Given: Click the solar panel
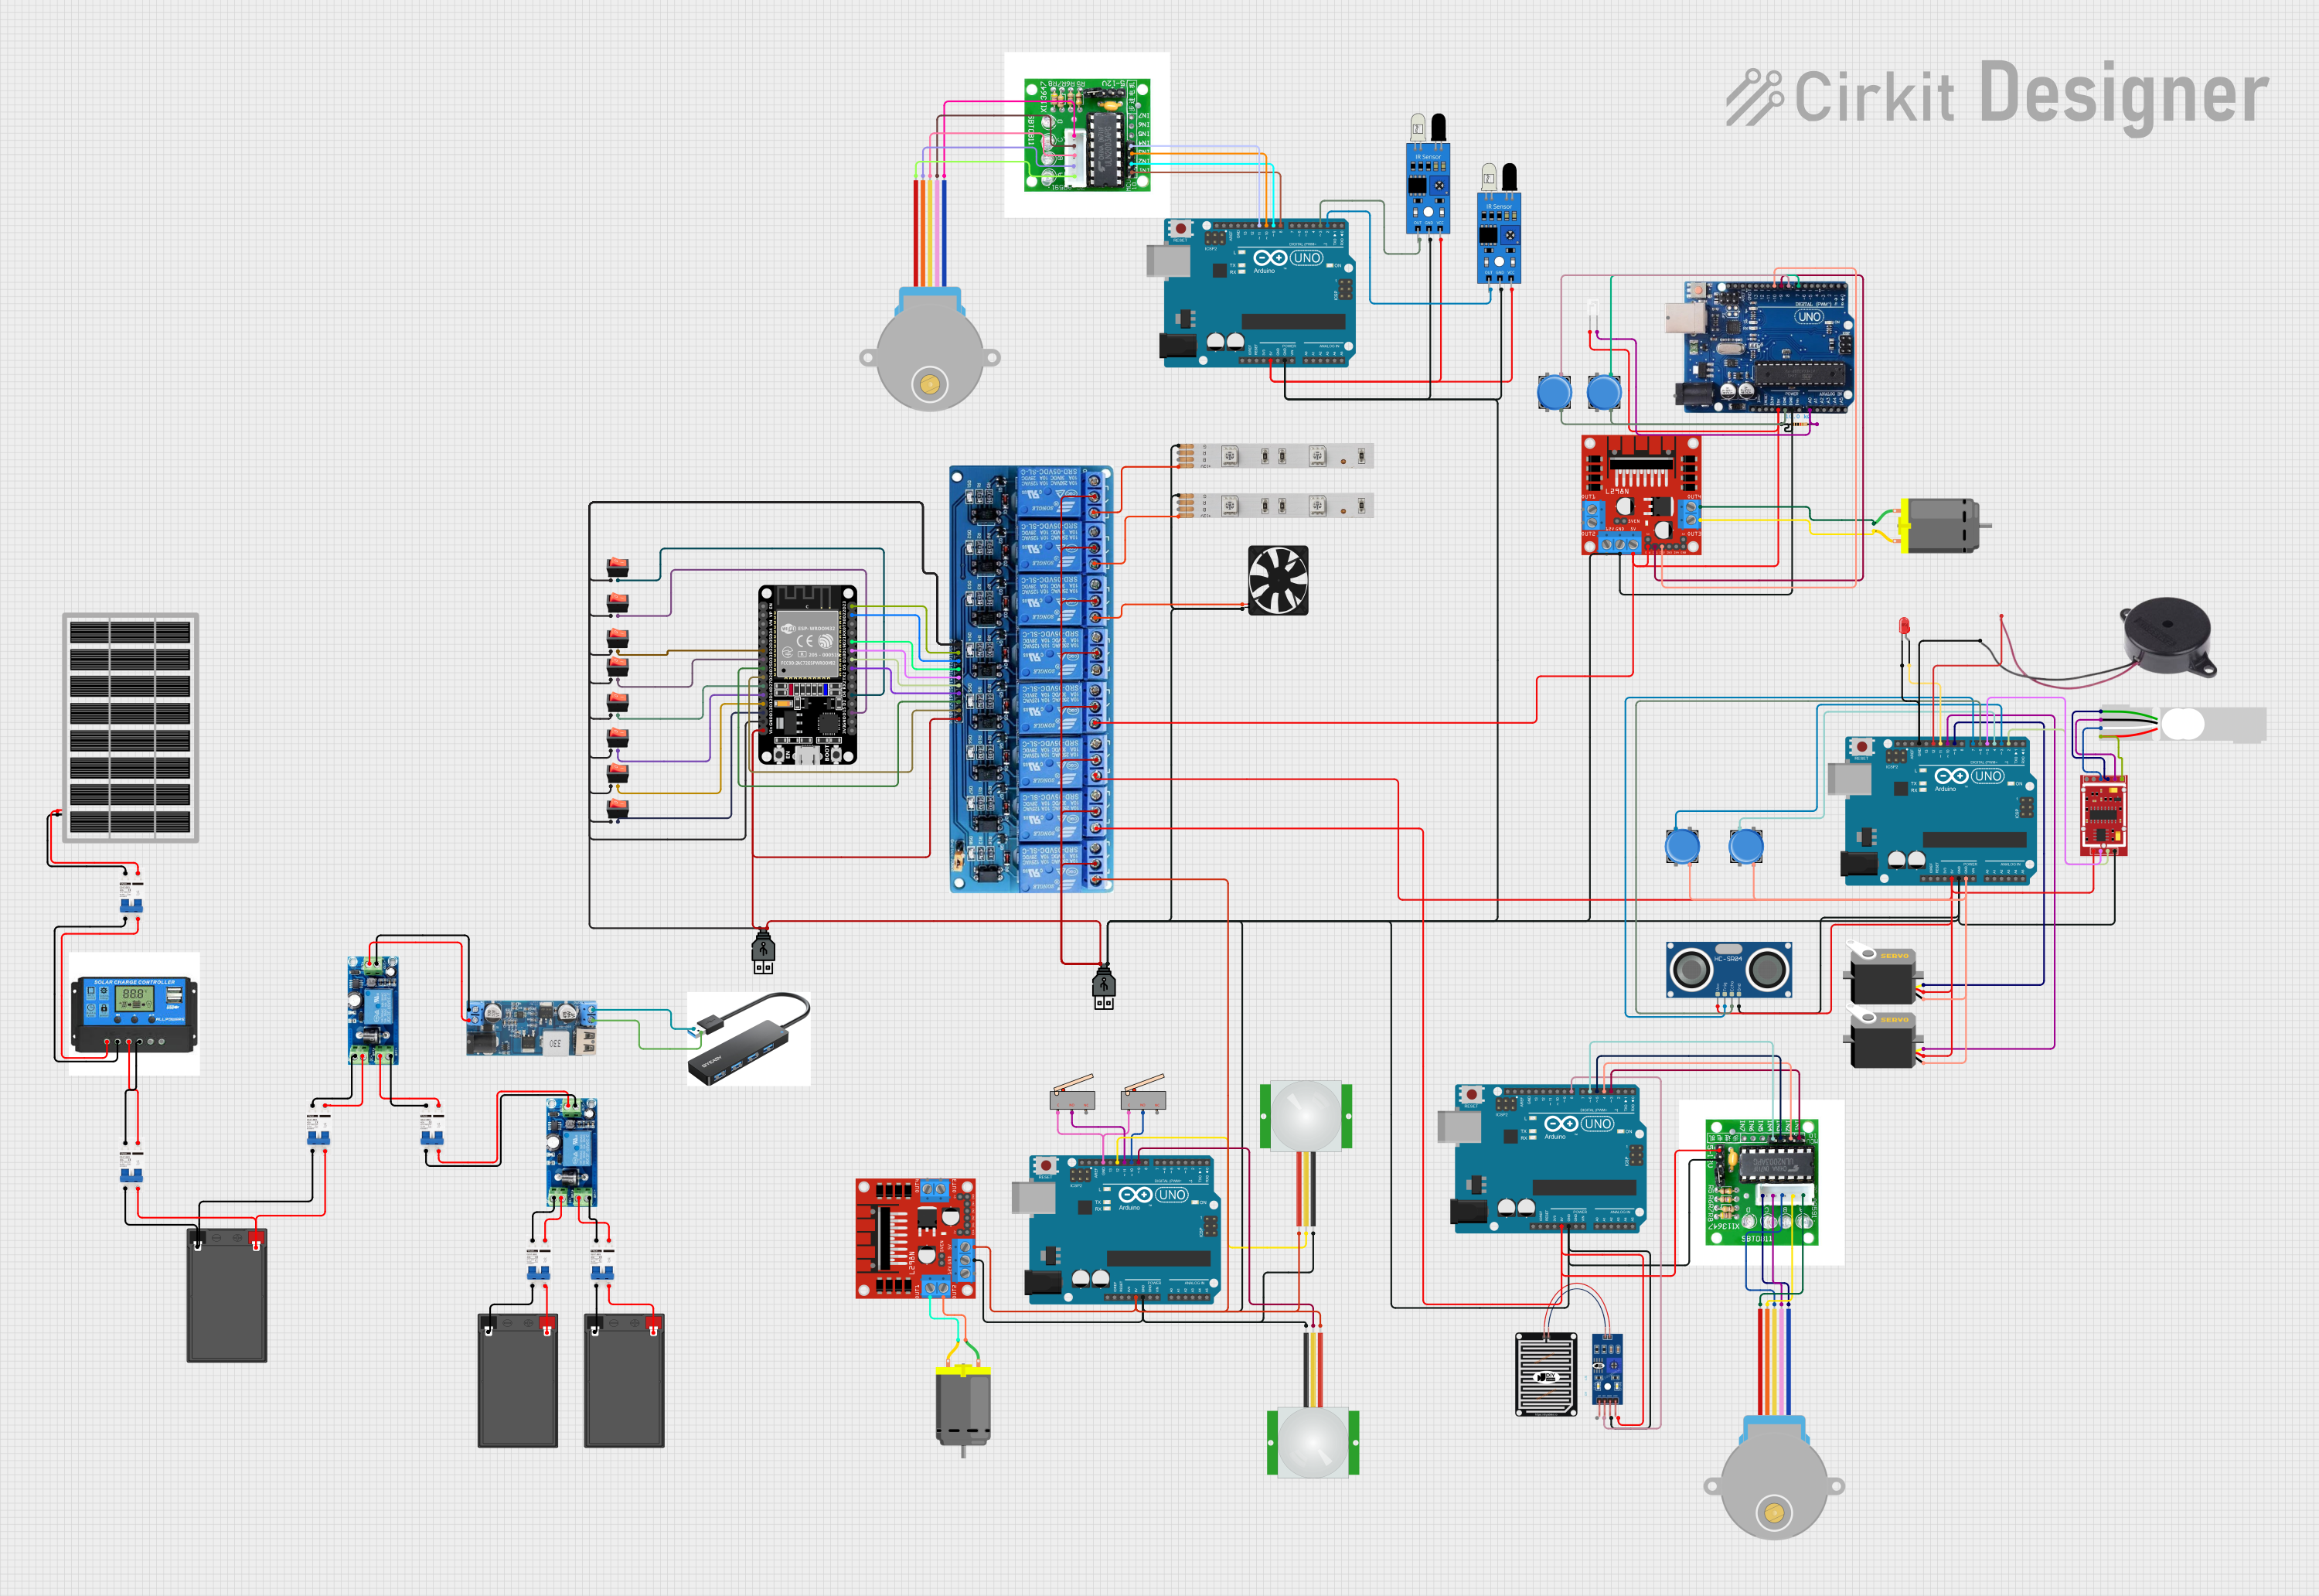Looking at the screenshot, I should point(130,727).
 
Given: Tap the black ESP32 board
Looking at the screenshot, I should point(808,675).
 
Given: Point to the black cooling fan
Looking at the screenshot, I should point(1278,580).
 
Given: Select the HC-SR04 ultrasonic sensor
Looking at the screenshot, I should point(1728,969).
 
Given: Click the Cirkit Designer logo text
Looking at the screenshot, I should point(2029,96).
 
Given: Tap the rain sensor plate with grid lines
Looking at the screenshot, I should point(1545,1374).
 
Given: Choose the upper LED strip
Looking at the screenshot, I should point(1275,456).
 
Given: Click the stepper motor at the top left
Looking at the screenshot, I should point(930,350).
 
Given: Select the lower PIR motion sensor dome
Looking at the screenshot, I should point(1313,1441).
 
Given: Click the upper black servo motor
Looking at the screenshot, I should point(1881,975).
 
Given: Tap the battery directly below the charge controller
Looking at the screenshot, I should point(227,1295).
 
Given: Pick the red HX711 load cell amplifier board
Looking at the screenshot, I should point(2103,814).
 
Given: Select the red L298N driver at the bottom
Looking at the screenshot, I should point(914,1238).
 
